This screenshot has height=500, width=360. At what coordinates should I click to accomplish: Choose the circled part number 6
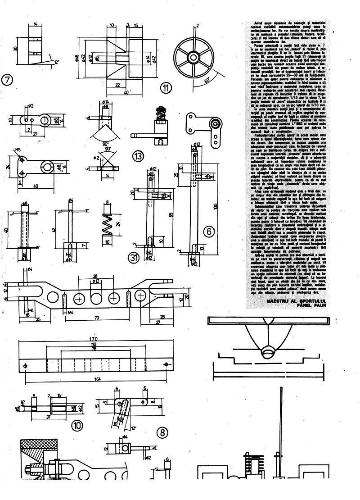[x=208, y=232]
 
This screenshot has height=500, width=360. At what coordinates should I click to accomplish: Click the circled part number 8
[x=162, y=433]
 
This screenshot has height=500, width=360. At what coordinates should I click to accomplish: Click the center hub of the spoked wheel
[x=194, y=57]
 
